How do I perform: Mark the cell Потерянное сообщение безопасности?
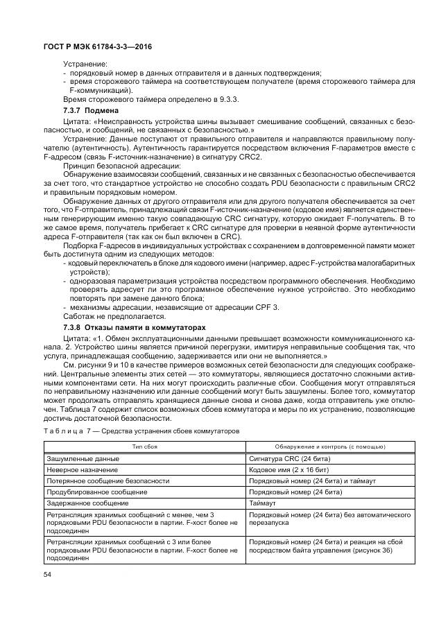(107, 480)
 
